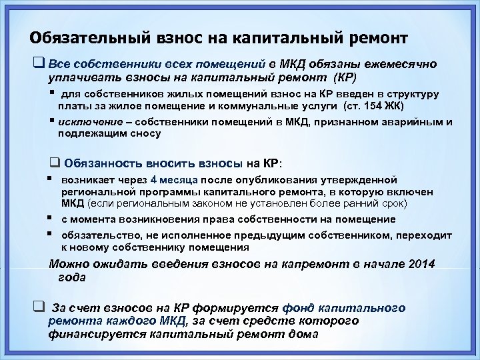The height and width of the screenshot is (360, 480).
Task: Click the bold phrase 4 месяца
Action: [x=174, y=179]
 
